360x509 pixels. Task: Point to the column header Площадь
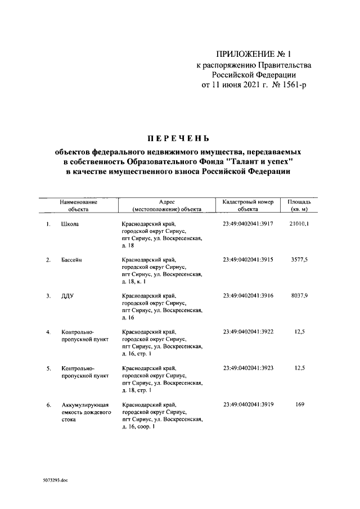click(299, 201)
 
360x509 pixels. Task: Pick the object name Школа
click(70, 224)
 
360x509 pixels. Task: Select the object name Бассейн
click(73, 260)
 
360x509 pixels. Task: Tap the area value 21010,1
click(299, 224)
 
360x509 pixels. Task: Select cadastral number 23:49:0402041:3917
click(247, 224)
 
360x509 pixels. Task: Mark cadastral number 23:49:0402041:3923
click(247, 368)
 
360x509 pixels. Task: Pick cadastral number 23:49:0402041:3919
click(247, 404)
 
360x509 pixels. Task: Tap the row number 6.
click(48, 404)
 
